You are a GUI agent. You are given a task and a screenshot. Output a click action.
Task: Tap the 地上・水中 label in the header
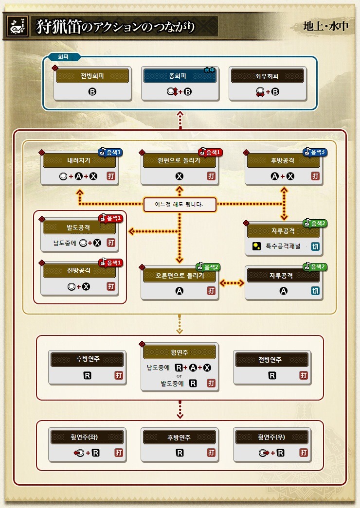(325, 26)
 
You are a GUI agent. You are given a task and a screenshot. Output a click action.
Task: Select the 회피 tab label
(63, 57)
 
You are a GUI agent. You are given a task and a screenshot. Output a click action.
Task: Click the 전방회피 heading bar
(92, 76)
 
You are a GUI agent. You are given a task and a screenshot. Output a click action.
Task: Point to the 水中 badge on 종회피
(210, 70)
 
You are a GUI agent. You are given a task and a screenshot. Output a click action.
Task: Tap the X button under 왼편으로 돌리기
(179, 176)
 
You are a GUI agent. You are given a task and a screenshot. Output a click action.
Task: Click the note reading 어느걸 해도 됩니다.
(180, 205)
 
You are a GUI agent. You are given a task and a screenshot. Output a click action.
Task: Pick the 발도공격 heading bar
(79, 227)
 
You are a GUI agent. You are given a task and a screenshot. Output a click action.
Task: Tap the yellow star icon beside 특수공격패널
(256, 246)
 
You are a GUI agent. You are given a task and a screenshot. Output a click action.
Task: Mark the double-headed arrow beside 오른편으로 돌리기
(232, 282)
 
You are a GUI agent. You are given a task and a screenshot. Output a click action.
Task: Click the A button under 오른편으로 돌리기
(179, 291)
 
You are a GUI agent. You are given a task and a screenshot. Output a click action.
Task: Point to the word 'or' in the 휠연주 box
(179, 375)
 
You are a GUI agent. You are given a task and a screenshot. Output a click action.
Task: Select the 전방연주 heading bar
(272, 360)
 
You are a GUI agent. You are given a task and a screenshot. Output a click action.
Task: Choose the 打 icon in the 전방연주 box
(304, 375)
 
